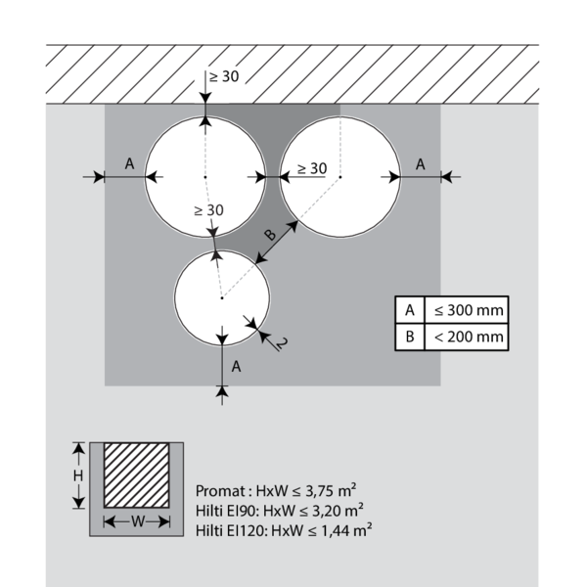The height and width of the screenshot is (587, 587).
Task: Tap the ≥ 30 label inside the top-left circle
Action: coord(208,210)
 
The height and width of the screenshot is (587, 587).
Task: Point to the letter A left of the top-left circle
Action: coord(129,164)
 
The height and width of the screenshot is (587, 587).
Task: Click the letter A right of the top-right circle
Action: coord(420,164)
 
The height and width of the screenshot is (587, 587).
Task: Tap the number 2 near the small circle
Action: coord(280,341)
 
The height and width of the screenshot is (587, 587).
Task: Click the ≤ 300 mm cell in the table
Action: coord(469,310)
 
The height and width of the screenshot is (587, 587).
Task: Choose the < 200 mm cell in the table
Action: coord(469,338)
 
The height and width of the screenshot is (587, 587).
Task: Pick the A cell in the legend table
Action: coord(409,310)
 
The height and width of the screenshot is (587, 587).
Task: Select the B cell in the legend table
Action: coord(409,338)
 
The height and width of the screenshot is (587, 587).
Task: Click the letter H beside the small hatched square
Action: coord(79,474)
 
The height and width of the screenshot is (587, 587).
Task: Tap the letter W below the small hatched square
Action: coord(138,522)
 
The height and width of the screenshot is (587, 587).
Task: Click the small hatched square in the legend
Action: coord(138,474)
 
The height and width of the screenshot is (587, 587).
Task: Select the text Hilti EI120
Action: coord(229,528)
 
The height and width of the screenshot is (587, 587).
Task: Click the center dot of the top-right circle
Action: coord(340,176)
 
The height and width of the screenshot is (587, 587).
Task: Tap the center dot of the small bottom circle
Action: coord(222,297)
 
